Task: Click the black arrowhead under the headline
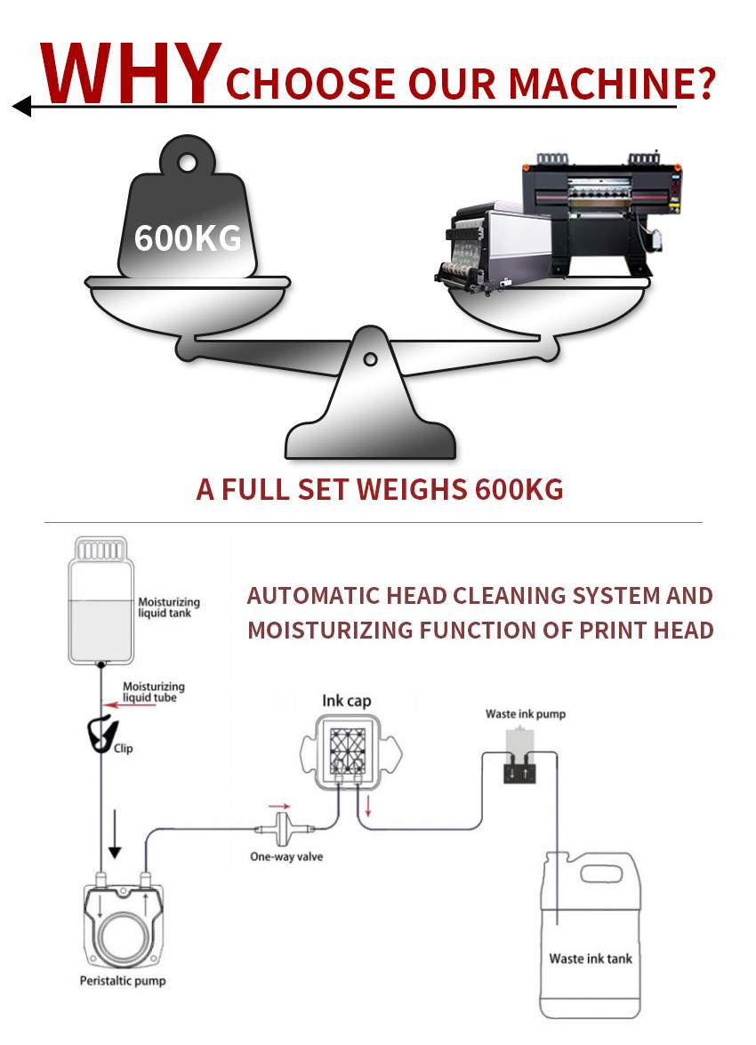(21, 108)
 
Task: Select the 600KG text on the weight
(188, 237)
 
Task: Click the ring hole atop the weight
(188, 163)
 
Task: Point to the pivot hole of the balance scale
(370, 359)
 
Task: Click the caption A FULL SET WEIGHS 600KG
(379, 490)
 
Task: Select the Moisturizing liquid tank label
(169, 607)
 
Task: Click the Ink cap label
(346, 702)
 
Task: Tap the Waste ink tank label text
(591, 959)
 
